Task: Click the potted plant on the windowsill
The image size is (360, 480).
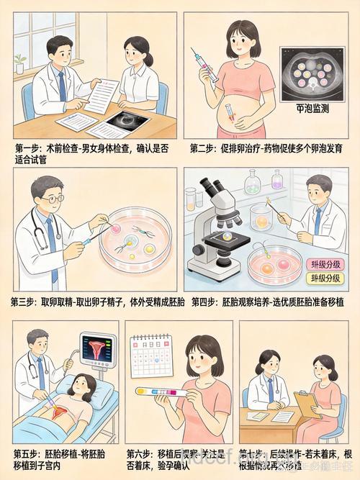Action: pos(20,62)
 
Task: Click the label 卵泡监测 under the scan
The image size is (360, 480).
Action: pos(312,109)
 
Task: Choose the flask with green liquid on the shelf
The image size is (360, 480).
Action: pos(251,183)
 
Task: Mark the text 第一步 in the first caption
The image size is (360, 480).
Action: pos(28,148)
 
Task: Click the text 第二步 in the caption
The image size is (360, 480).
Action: pos(204,148)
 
